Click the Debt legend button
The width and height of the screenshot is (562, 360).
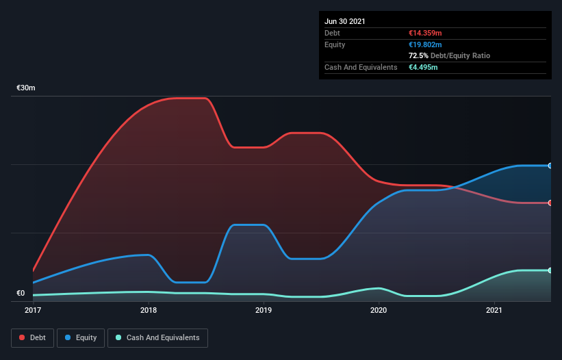click(31, 337)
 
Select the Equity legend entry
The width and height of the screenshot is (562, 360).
click(81, 337)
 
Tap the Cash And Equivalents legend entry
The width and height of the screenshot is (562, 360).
click(157, 337)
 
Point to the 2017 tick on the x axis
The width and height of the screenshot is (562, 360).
click(33, 310)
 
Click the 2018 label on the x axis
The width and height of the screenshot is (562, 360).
click(149, 310)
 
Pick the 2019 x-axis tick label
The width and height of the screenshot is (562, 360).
click(264, 310)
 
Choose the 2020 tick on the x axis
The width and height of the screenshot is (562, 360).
click(379, 310)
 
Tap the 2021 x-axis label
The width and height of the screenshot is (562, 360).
click(494, 310)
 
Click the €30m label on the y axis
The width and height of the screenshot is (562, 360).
click(26, 88)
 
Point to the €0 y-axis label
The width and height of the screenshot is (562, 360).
click(21, 294)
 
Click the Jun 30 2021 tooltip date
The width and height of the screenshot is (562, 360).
click(345, 21)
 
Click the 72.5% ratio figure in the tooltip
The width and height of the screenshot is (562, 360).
click(419, 55)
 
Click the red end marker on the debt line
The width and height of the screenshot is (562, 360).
click(550, 203)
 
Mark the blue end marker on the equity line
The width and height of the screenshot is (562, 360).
click(550, 166)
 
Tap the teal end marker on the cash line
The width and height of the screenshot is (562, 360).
click(550, 270)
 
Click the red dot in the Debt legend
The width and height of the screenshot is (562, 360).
click(23, 337)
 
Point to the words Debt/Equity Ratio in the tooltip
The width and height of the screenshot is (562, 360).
click(461, 55)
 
